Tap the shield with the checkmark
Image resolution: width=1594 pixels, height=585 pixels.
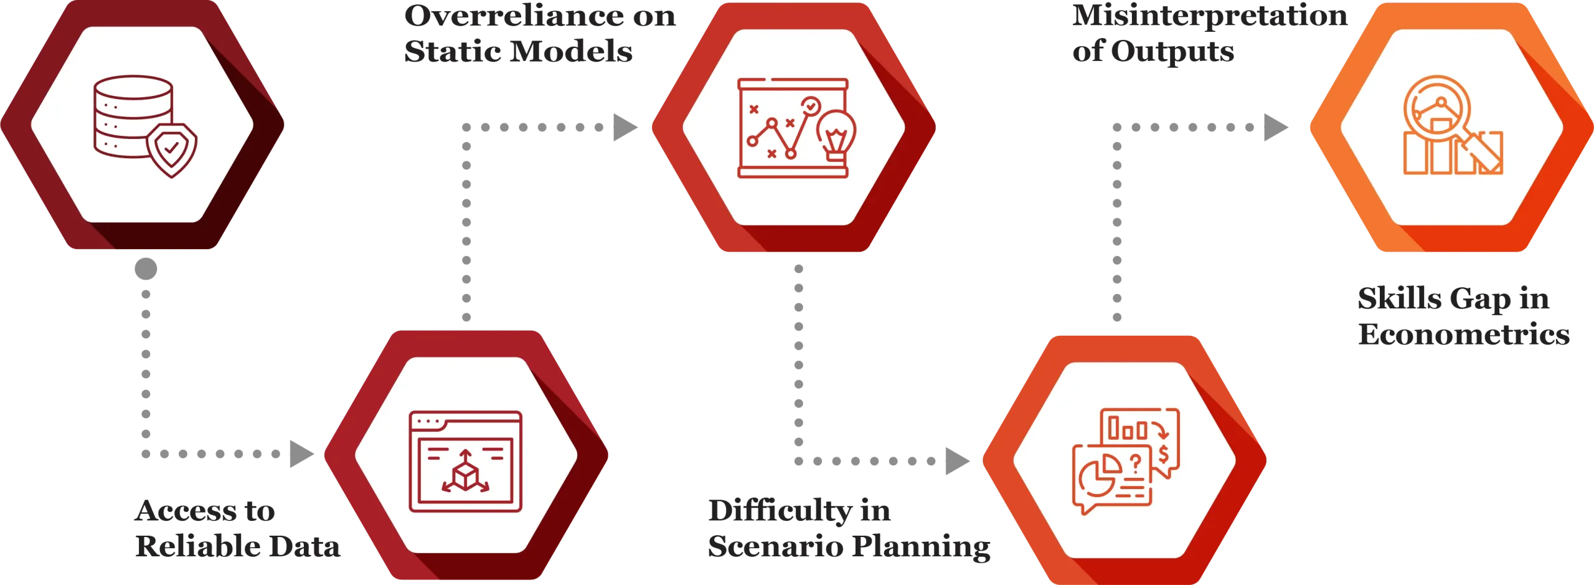coord(171,150)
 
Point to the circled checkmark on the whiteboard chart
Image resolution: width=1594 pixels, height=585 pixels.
coord(810,107)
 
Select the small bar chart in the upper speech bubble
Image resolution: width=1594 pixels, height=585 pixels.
coord(1128,429)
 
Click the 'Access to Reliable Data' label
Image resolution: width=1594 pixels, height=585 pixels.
coord(237,529)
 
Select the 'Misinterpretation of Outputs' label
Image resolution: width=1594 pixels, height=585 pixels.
coord(1208,34)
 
